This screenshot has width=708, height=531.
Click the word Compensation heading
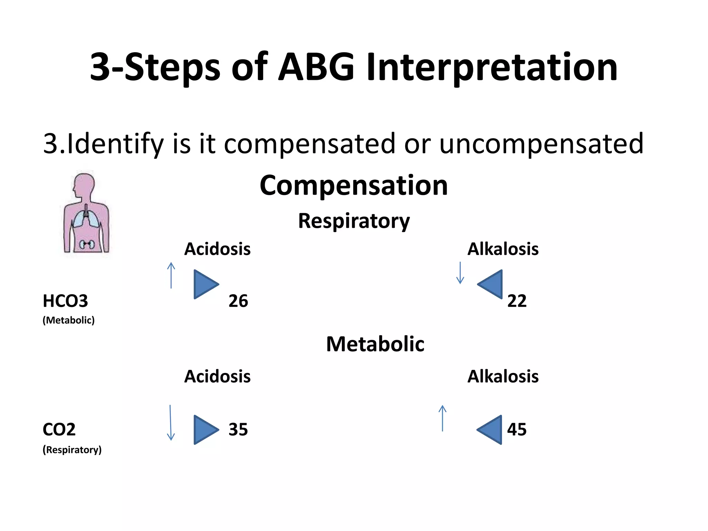point(354,186)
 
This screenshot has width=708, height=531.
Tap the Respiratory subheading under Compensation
point(354,221)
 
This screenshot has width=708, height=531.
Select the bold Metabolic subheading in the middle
point(375,344)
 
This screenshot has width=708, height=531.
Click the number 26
point(238,301)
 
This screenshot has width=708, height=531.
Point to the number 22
point(517,301)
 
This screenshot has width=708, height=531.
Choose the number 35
point(238,429)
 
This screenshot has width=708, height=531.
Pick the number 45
point(517,429)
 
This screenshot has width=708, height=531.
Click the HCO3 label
point(65,301)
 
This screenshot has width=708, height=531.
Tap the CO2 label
point(59,429)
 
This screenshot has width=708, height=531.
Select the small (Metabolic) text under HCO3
point(68,320)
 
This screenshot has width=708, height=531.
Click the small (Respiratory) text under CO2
point(72,450)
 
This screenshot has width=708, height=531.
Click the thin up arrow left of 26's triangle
point(171,275)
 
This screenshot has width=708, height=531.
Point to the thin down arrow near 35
point(170,423)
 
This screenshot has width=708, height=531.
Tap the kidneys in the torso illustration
point(86,244)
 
